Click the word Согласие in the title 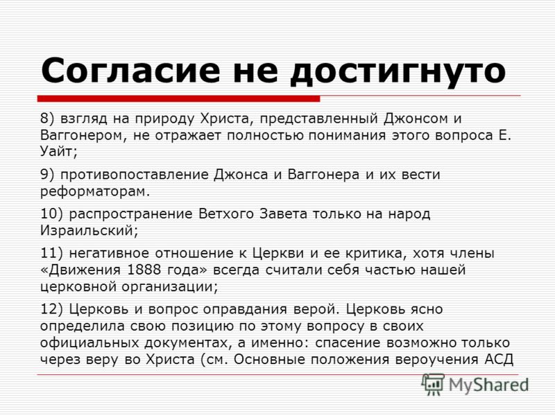point(130,70)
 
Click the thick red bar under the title point(179,98)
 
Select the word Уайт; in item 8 point(58,152)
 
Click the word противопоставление point(135,175)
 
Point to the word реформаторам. point(95,192)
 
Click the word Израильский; point(89,231)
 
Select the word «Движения point(80,270)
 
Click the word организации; point(170,287)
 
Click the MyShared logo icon point(432,384)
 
